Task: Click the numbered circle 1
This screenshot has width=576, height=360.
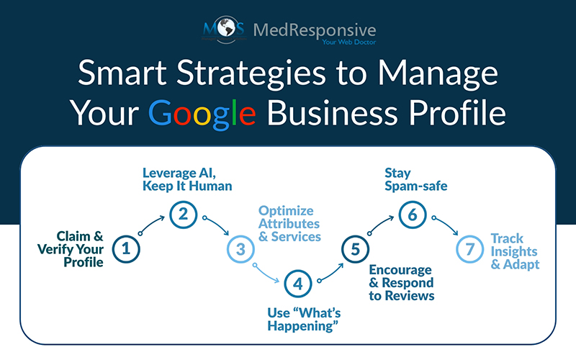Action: (127, 249)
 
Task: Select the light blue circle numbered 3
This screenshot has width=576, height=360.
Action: (240, 249)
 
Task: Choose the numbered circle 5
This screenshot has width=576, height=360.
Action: (354, 249)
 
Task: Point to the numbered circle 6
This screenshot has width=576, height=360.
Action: (412, 213)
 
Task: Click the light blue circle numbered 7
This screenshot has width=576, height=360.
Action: (469, 249)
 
